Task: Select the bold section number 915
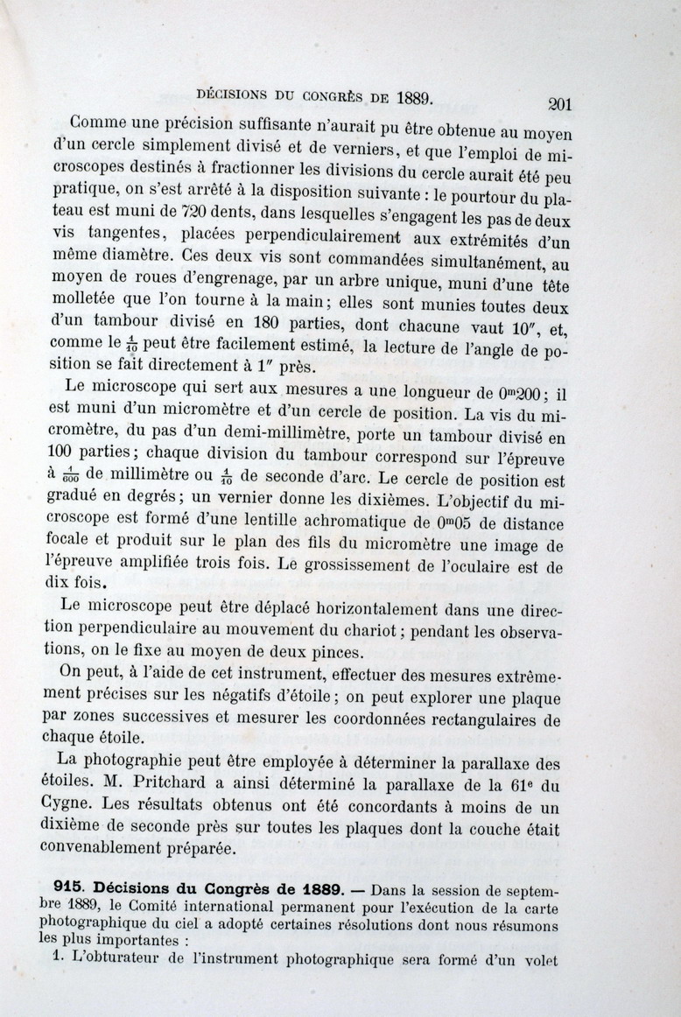tap(68, 886)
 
